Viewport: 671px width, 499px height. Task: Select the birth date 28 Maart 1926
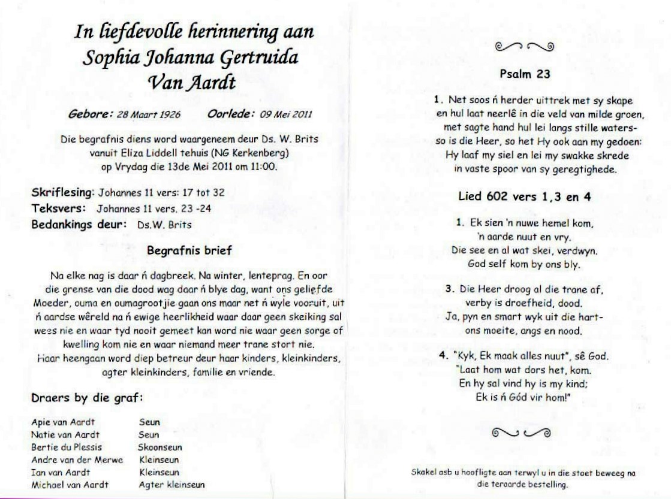[x=148, y=114]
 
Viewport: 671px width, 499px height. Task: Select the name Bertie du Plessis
[x=67, y=447]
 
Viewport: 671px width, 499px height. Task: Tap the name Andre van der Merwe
[x=77, y=459]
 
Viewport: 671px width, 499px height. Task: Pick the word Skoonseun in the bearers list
[x=160, y=447]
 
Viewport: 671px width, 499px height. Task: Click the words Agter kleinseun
[x=171, y=484]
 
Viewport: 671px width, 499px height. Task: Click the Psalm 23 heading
[x=525, y=75]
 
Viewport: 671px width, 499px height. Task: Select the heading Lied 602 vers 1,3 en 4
[x=525, y=196]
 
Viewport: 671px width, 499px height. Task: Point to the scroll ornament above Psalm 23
[x=525, y=46]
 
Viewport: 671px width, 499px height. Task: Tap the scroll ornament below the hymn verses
[x=520, y=432]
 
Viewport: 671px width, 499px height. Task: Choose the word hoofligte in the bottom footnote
[x=479, y=473]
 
